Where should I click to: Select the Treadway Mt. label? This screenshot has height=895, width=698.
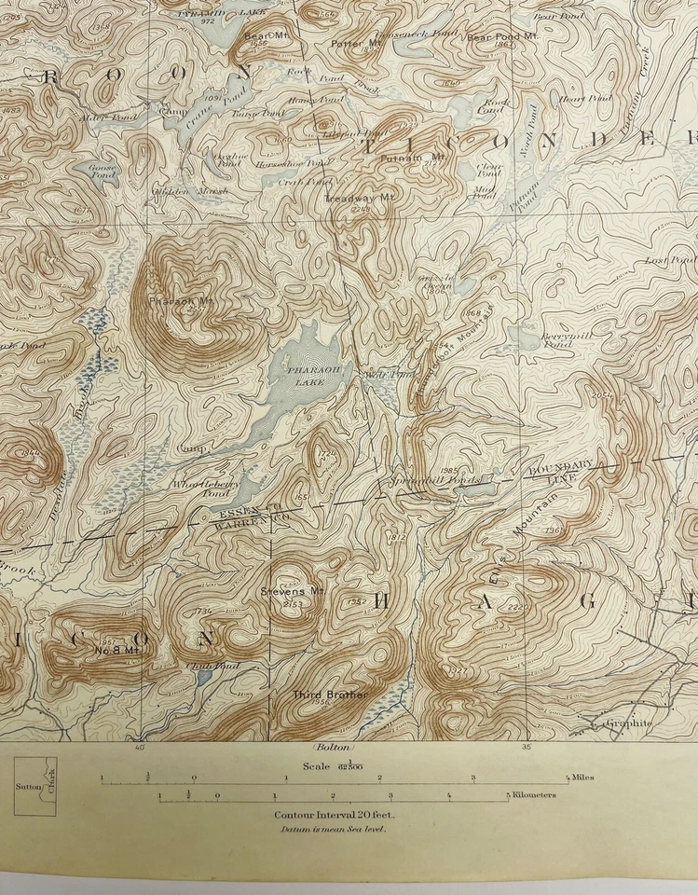348,199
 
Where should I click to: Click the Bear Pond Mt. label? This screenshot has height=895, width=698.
503,37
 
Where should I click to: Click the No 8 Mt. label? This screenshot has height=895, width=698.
117,649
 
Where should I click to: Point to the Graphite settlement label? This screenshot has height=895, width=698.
627,723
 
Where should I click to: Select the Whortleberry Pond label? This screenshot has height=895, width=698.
206,489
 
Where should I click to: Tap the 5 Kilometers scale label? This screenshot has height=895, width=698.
531,795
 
